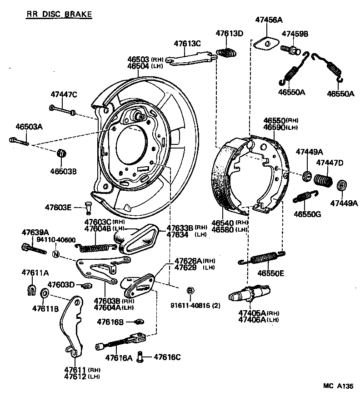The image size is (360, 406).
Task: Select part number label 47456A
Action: coord(269,20)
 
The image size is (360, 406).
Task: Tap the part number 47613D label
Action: coord(229,33)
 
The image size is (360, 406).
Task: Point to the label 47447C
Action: coord(64,94)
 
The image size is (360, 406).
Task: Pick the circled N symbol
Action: coord(55,254)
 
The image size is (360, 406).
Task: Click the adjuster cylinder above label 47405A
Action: coord(249,295)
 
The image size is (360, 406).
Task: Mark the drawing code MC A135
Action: coord(338,386)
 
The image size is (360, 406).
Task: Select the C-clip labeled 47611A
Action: coord(32,289)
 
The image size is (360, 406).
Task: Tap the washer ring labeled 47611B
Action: coord(45,293)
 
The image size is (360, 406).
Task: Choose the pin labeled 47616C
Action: coord(141,357)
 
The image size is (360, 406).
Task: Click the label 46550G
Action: coord(307,213)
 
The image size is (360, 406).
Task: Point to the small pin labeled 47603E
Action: coord(88,208)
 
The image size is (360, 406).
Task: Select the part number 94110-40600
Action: coord(56,240)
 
